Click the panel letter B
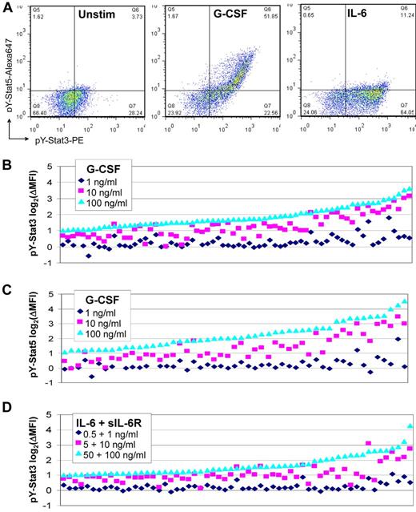[6, 162]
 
